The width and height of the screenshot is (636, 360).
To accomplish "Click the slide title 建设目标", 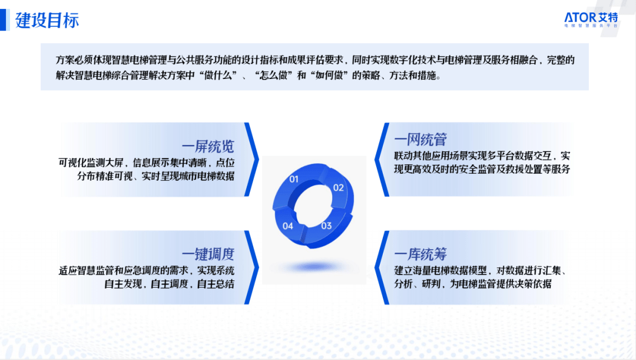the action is (47, 20).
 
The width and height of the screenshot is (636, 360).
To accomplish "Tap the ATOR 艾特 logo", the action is (591, 19).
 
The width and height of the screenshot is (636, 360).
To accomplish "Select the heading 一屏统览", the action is (208, 147).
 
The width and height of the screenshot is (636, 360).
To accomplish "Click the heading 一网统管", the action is (420, 140).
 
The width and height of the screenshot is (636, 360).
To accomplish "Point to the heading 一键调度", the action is (208, 255).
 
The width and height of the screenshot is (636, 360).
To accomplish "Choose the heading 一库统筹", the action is (420, 255).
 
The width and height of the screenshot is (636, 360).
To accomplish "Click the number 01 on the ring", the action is (294, 179).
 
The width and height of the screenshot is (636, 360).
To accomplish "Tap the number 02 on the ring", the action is (338, 187).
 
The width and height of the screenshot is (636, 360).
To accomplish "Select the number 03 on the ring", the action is (326, 226).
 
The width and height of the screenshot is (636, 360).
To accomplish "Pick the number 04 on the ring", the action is (287, 226).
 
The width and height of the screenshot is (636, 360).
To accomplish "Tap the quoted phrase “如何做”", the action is (329, 75).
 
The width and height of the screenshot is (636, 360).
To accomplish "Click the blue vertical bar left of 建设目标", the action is (4, 20).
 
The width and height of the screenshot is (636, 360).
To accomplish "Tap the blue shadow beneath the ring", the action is (313, 267).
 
